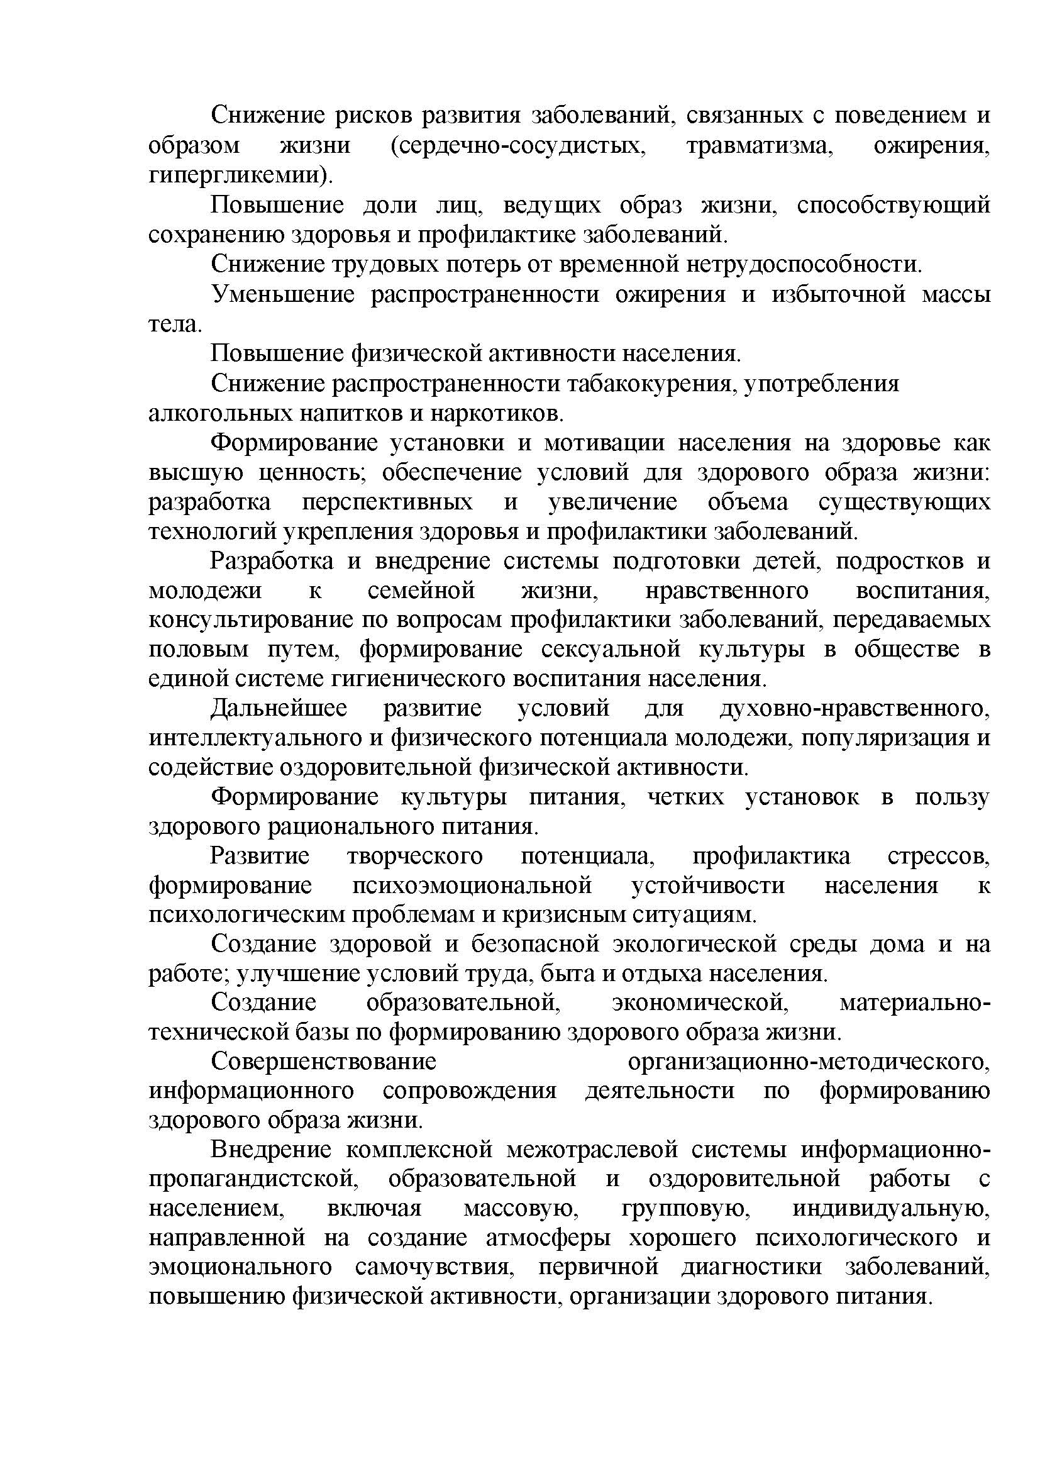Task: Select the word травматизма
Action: [760, 146]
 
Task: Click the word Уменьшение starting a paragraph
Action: [283, 295]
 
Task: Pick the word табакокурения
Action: [650, 384]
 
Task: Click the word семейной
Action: [421, 590]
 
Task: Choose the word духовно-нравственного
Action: [855, 709]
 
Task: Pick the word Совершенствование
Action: [323, 1062]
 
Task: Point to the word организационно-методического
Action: [809, 1062]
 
